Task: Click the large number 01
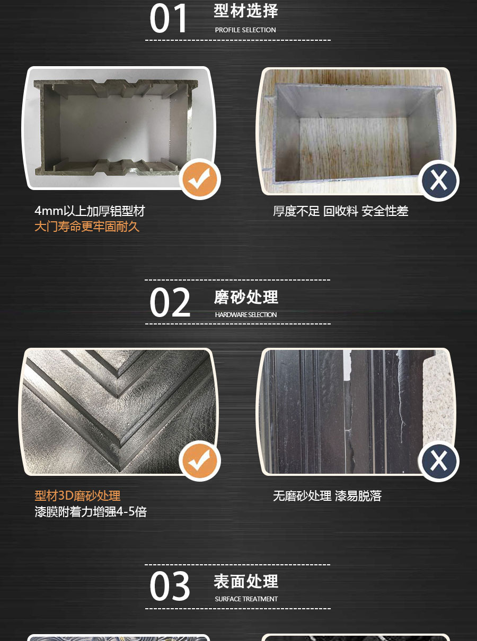click(169, 19)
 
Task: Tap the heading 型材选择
click(246, 11)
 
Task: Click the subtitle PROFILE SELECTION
click(245, 30)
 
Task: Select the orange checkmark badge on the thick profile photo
click(200, 179)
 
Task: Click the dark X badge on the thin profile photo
click(438, 180)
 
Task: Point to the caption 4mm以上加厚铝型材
click(90, 211)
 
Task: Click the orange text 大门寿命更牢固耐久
click(87, 227)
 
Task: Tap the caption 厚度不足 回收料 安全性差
click(341, 211)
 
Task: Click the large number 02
click(170, 303)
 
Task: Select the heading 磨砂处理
click(246, 297)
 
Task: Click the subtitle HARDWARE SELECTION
click(246, 315)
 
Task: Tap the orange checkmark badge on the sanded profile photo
click(200, 461)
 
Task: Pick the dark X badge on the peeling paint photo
click(438, 461)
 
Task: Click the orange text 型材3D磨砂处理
click(78, 496)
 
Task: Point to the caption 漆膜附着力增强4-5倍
click(91, 512)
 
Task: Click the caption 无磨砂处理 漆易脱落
click(327, 496)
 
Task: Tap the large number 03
click(170, 586)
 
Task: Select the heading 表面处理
click(246, 582)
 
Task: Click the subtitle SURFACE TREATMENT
click(246, 599)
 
